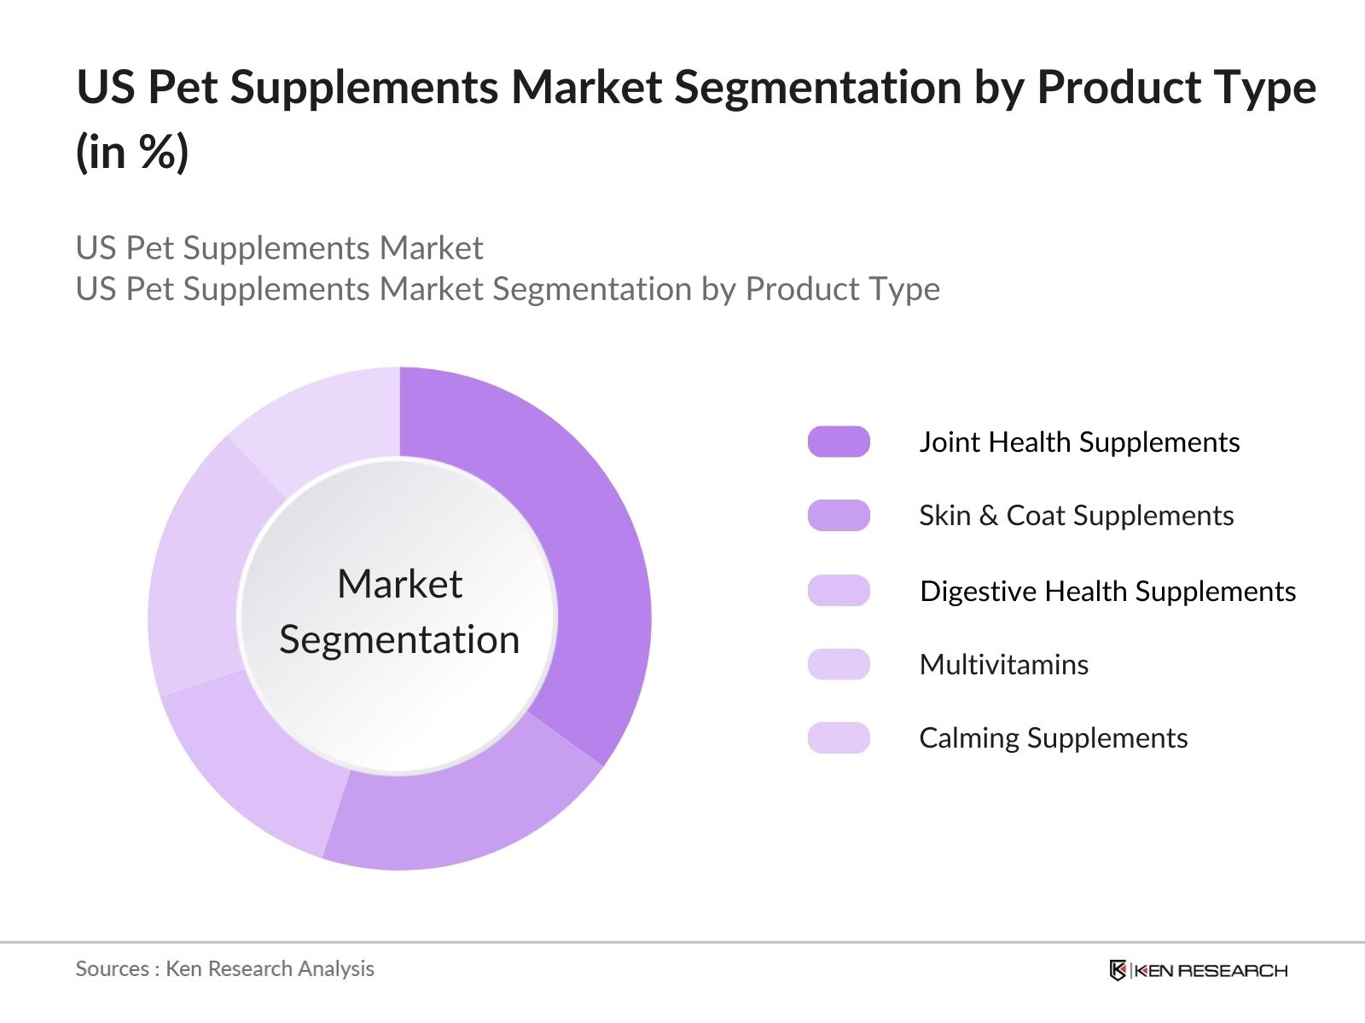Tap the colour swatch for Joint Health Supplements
(839, 442)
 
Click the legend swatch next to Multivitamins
(839, 664)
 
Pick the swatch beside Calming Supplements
(839, 738)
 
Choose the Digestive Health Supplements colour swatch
(839, 590)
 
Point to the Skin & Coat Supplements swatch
(839, 516)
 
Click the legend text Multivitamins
(1003, 665)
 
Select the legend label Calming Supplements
(1054, 738)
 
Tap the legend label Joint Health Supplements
(1079, 442)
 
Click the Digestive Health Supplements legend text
(1107, 592)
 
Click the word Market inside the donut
(400, 584)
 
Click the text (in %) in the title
(132, 152)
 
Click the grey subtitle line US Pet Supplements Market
(279, 248)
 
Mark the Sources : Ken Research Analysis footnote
(224, 968)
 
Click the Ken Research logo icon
(1118, 969)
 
